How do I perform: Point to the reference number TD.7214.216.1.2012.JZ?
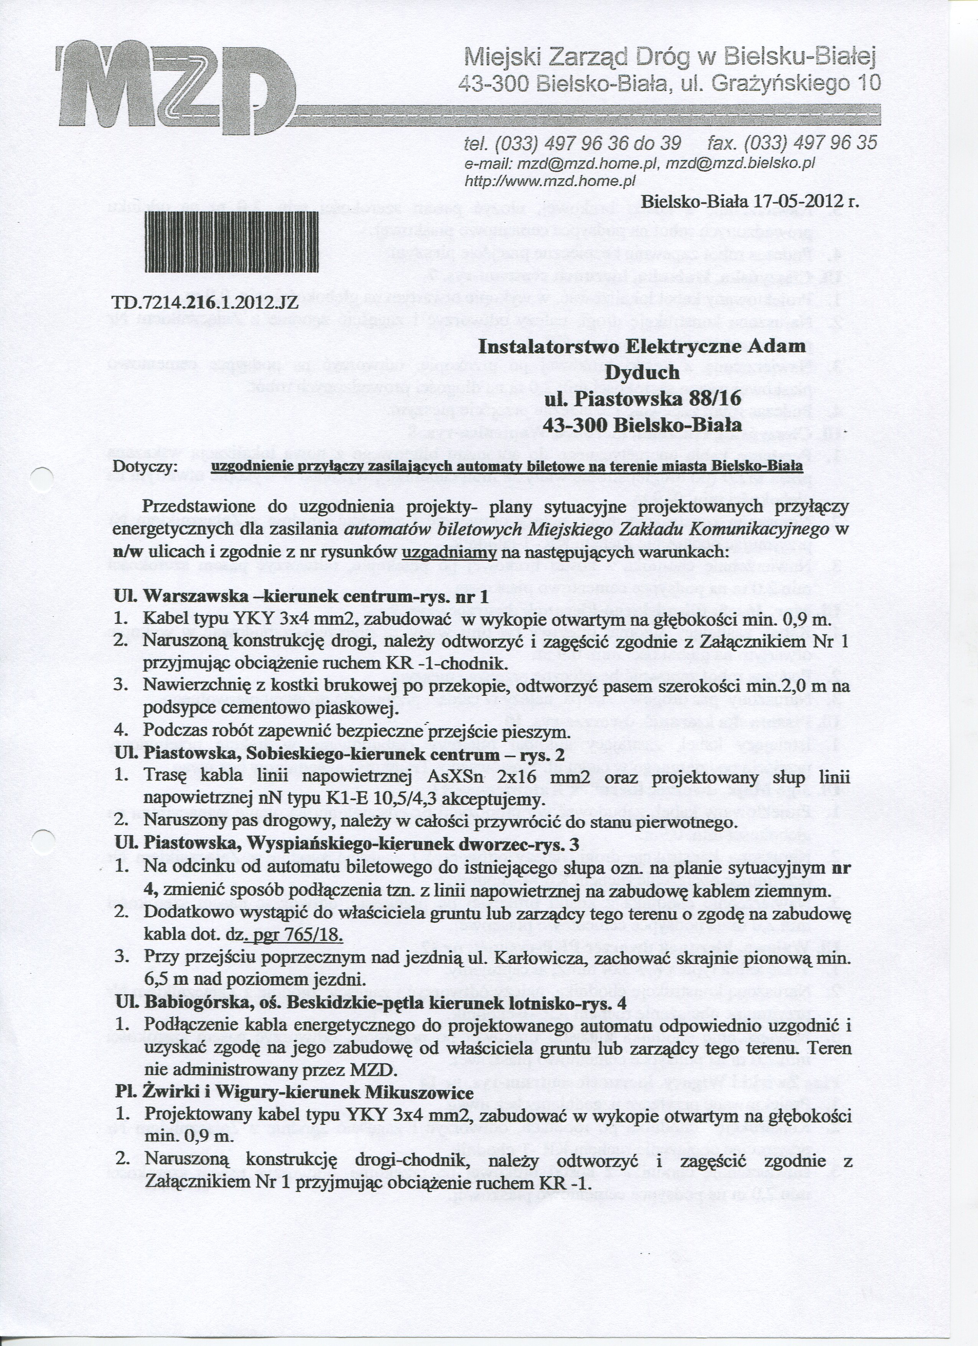tap(205, 305)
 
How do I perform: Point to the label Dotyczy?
tap(145, 467)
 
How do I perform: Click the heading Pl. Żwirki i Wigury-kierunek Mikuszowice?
tap(294, 1092)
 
